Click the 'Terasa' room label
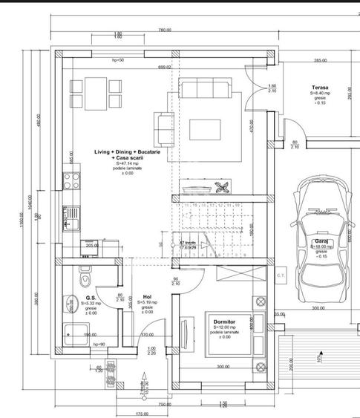pos(321,87)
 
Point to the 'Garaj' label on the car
pos(320,241)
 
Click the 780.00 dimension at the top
pos(164,30)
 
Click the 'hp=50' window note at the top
pos(117,59)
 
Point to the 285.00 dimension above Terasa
pos(320,60)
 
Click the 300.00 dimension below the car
pos(318,307)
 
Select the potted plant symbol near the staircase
pos(220,188)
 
